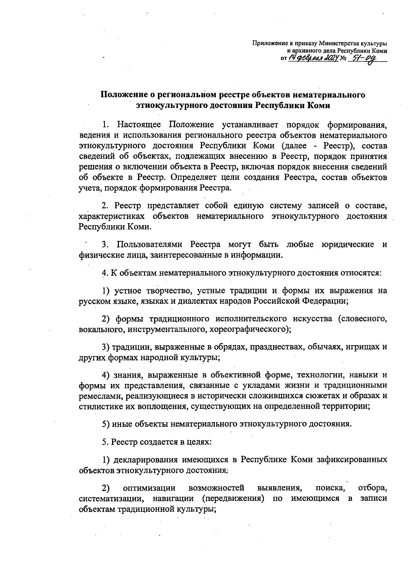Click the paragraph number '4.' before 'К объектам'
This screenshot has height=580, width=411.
pyautogui.click(x=105, y=273)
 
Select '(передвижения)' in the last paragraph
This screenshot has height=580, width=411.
pyautogui.click(x=233, y=498)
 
